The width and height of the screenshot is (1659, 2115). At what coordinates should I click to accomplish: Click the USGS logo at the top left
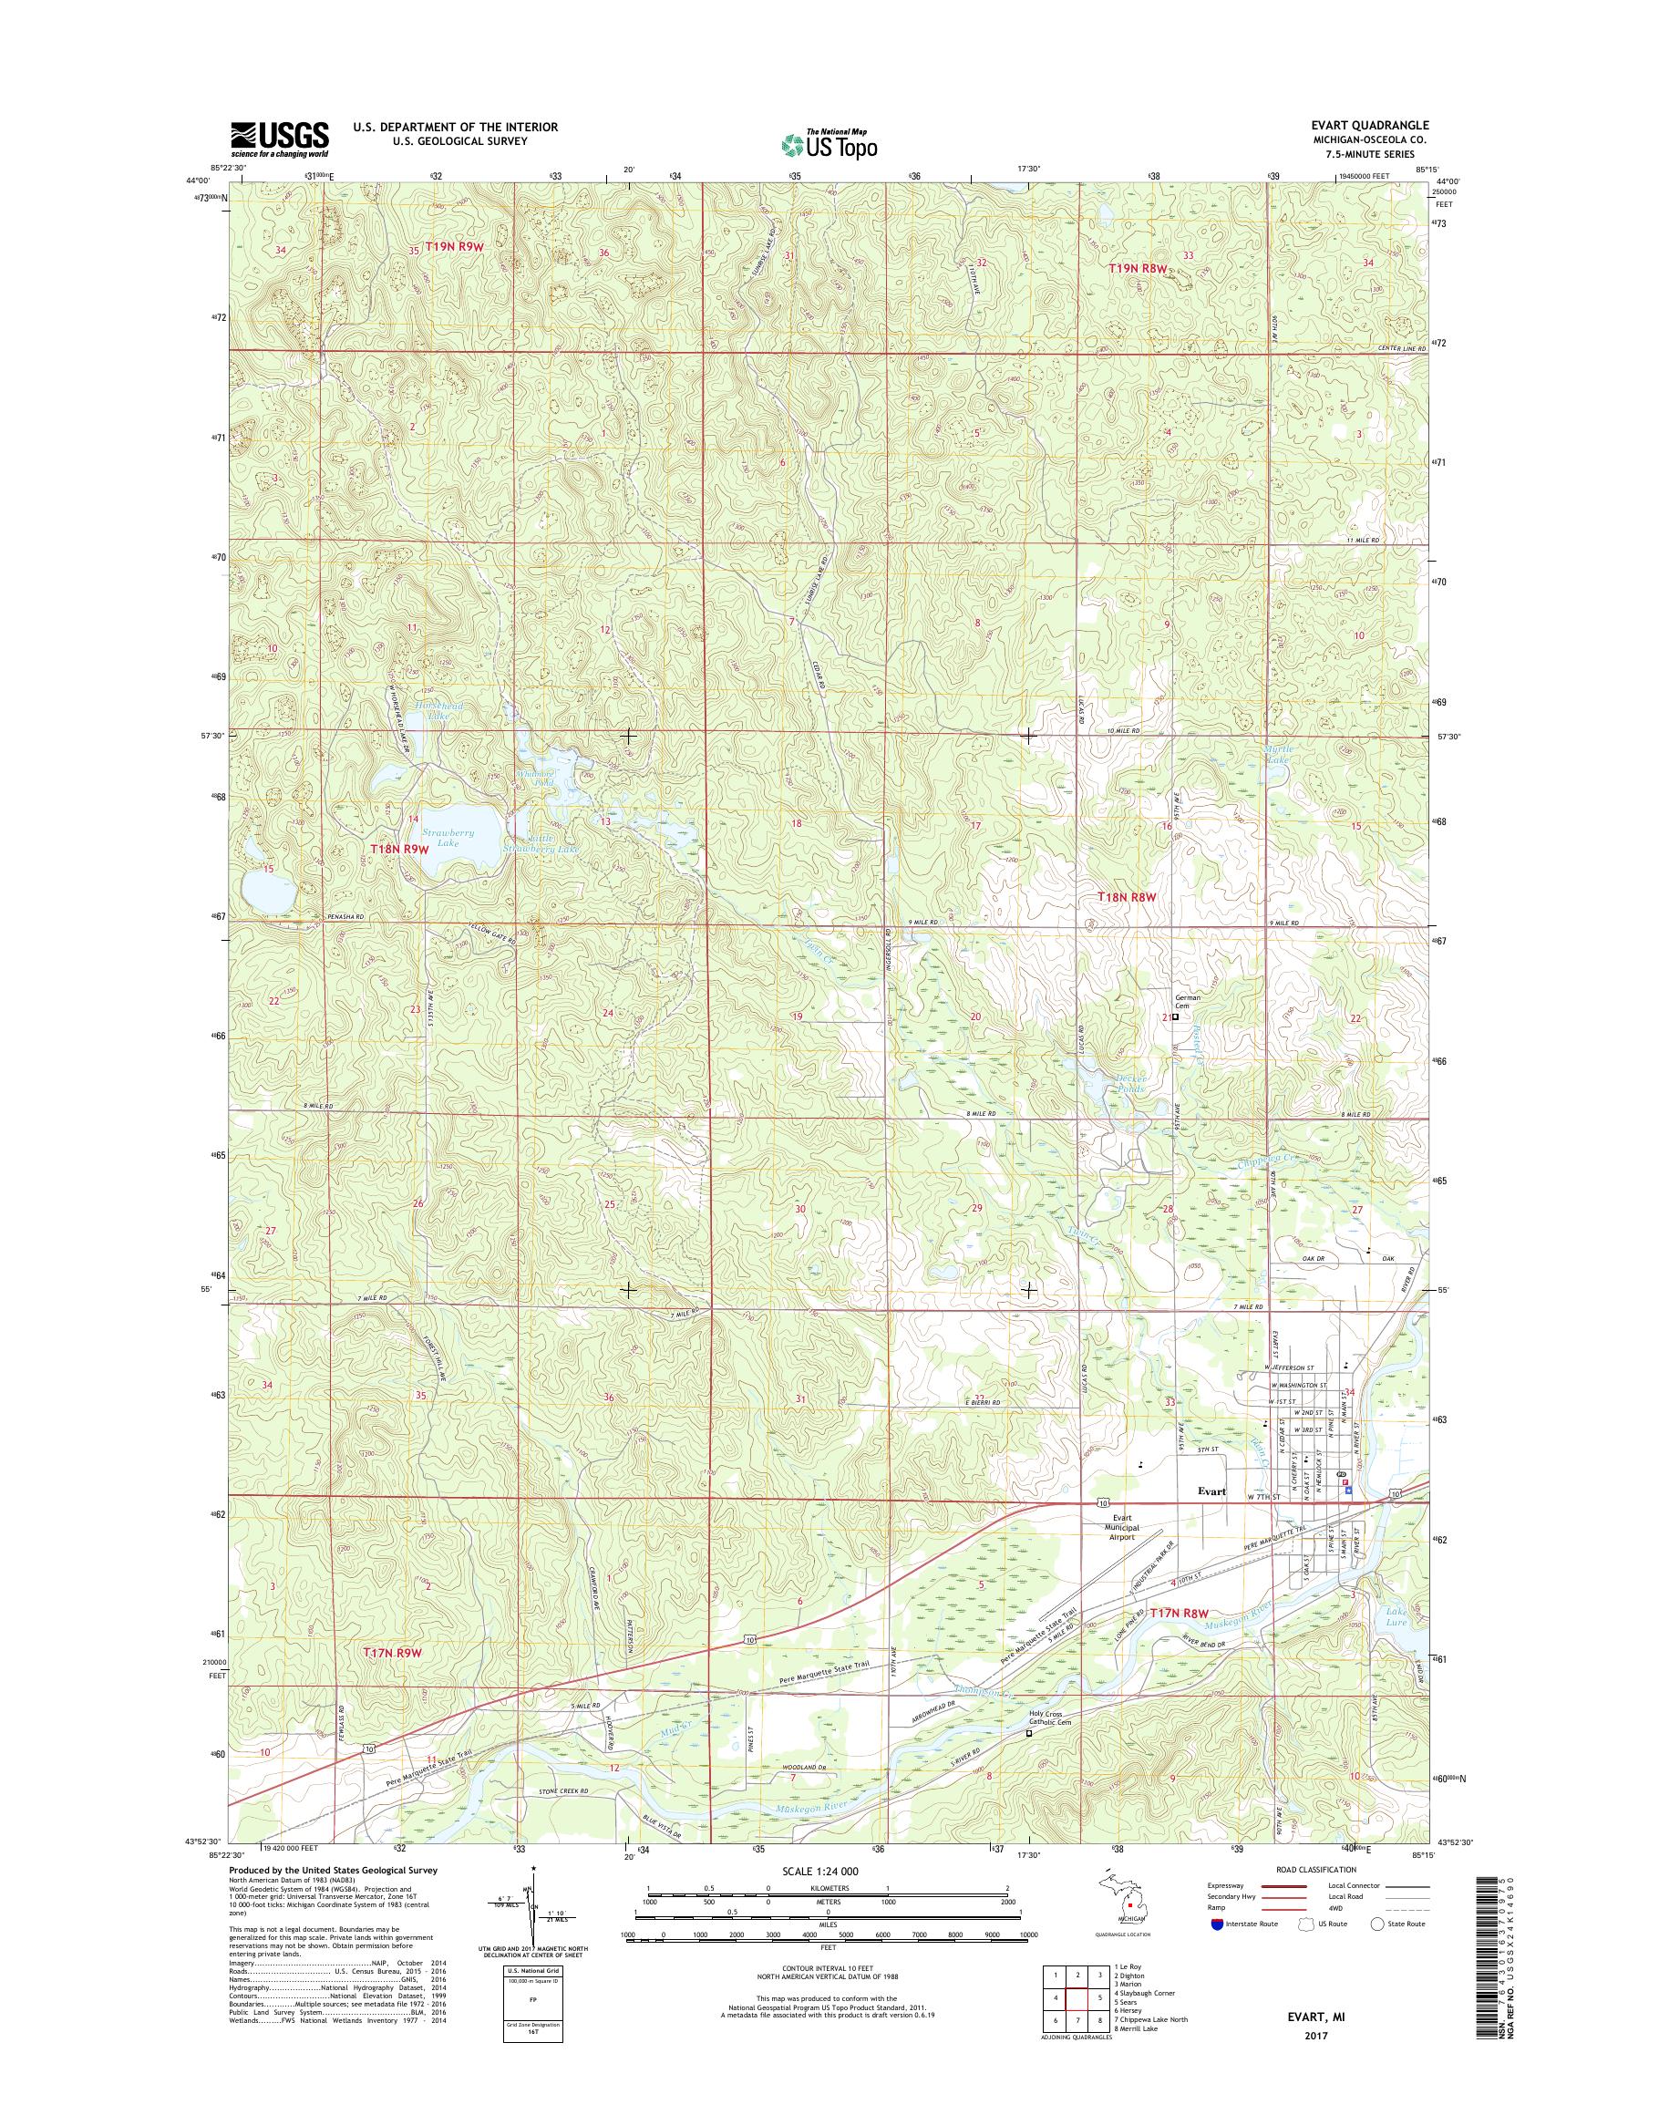(x=279, y=139)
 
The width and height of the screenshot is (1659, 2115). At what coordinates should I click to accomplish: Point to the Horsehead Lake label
(x=439, y=710)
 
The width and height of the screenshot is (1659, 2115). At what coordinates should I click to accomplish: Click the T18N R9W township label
(x=398, y=849)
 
